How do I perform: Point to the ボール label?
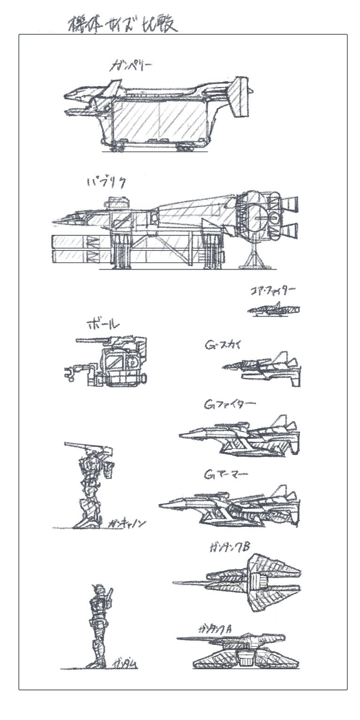[103, 325]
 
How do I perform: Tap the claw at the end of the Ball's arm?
[70, 373]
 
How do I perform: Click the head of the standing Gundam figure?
[96, 588]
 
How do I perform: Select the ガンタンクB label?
[230, 547]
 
